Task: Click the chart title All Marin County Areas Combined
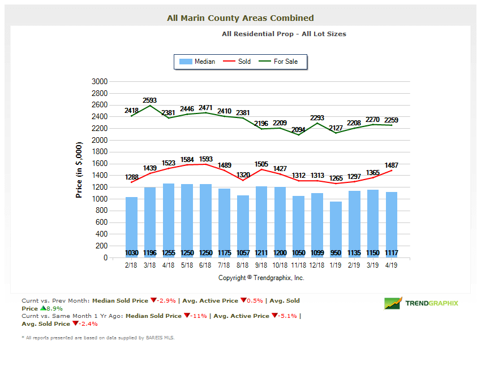click(x=240, y=18)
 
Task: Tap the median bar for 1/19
click(x=336, y=226)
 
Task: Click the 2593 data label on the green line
click(x=150, y=100)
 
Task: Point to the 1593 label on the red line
click(x=206, y=159)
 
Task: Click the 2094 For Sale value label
click(x=299, y=130)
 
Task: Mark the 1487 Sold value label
click(x=392, y=165)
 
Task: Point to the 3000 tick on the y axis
click(x=99, y=82)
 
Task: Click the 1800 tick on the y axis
click(x=99, y=152)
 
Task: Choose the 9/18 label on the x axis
click(x=261, y=264)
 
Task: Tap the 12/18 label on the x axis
click(x=317, y=264)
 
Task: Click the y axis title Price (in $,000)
click(x=79, y=169)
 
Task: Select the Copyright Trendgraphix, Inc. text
click(x=261, y=278)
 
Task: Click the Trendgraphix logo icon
click(x=393, y=303)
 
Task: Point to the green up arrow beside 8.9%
click(x=43, y=309)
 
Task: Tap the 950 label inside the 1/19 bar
click(x=336, y=253)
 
